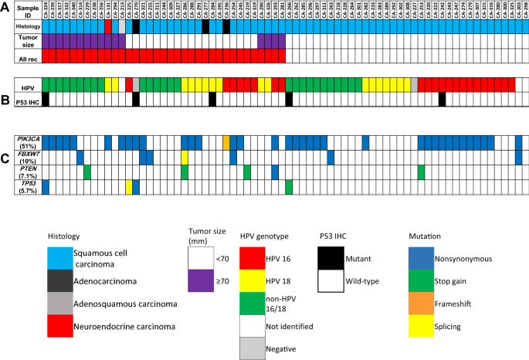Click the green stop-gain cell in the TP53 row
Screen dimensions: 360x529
(x=289, y=187)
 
